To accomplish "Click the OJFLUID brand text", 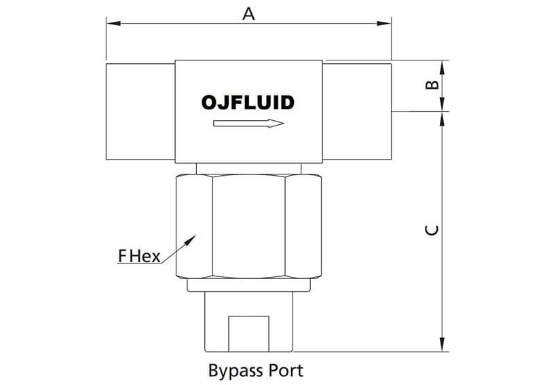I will [248, 103].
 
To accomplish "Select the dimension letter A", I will [249, 14].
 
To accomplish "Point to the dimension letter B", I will [430, 85].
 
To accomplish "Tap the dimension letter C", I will [431, 231].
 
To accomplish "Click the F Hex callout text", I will [138, 256].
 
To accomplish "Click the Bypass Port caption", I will [255, 371].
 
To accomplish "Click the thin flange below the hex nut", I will [248, 285].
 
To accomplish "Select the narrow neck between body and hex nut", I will [248, 168].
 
